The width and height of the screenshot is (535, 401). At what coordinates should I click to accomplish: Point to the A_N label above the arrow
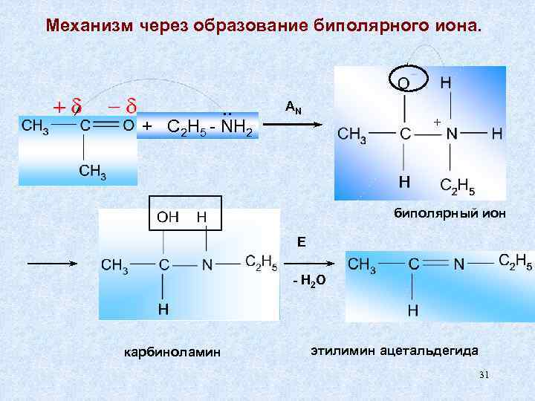tap(294, 108)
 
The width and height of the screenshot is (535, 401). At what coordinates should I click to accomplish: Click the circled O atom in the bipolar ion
tap(404, 82)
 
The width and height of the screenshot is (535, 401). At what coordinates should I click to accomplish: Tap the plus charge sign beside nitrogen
tap(436, 120)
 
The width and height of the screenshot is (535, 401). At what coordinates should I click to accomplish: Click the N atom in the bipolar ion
tap(452, 134)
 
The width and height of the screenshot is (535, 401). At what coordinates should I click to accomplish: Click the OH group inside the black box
tap(167, 218)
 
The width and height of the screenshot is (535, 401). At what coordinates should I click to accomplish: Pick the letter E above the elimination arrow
tap(301, 242)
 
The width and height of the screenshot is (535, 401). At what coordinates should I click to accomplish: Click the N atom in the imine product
tap(459, 264)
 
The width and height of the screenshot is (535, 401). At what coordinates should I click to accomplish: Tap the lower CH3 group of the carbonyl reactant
tap(93, 172)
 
